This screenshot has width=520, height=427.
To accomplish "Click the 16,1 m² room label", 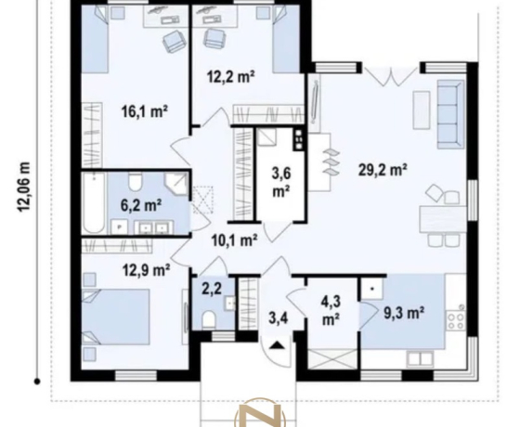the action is point(144,111).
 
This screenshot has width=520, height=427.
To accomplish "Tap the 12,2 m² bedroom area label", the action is point(231,76).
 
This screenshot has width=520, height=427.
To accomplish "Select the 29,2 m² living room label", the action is point(383,170).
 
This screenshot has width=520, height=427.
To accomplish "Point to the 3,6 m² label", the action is point(281,182).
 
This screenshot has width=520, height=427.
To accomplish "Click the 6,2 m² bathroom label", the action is point(141,205).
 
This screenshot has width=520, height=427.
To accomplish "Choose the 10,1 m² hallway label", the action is point(235,239).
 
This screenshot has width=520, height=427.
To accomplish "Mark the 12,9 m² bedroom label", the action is point(147,270).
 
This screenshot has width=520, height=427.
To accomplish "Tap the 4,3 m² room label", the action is point(331,311).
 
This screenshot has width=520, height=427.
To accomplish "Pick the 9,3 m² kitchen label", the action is point(404,312).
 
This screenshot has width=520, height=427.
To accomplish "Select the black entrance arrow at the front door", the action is point(277,345).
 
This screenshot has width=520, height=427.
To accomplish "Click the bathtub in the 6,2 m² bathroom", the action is point(94,203).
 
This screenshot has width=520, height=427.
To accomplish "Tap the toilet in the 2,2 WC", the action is point(209,318).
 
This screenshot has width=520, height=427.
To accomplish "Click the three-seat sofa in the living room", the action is point(450,114).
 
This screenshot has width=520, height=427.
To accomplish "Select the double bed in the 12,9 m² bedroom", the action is point(116,317).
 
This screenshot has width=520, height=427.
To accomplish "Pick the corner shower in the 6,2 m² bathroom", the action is point(176,184).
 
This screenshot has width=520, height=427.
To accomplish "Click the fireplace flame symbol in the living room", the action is point(330,162).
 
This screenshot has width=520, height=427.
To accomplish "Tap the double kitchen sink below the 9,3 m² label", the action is point(421,358).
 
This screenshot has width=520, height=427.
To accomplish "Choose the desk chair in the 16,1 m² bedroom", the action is point(173,41).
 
